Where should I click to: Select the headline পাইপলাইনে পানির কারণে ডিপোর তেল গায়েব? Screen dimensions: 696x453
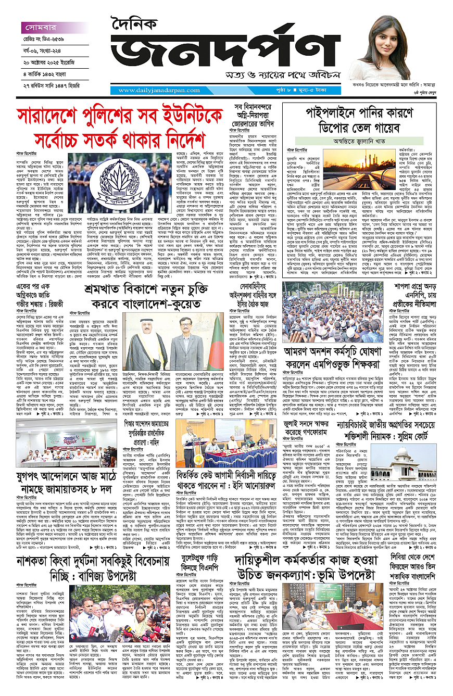tap(367, 120)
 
